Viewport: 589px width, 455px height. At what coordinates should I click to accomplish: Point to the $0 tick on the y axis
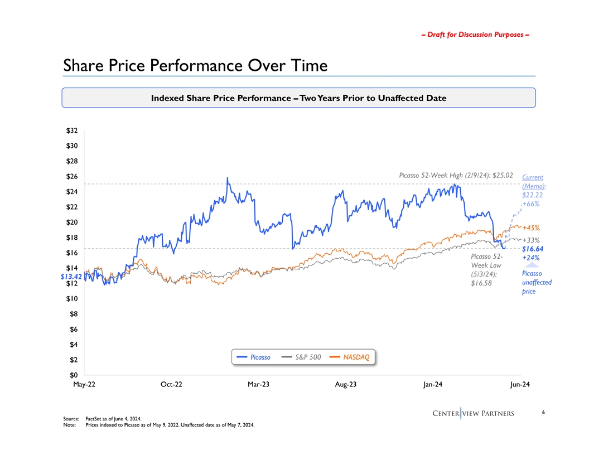pos(74,375)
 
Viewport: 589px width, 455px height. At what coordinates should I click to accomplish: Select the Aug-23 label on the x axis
pos(346,385)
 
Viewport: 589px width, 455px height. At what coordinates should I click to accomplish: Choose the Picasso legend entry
pos(254,357)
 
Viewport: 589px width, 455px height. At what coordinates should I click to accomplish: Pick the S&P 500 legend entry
pos(302,357)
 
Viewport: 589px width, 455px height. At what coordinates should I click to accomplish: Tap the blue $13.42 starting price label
pos(71,276)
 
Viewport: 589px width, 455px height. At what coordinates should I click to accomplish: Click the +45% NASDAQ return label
pos(530,228)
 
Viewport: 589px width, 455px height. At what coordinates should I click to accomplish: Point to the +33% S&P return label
pos(530,240)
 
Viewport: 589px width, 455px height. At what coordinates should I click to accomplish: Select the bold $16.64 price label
pos(533,249)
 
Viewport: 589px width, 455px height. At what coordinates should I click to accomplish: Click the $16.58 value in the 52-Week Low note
pos(482,283)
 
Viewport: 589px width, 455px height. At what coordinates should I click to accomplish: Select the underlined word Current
pos(533,177)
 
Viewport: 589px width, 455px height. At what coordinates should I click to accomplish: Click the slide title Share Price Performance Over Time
pos(195,66)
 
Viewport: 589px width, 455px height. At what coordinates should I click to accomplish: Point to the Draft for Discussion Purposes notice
pos(476,35)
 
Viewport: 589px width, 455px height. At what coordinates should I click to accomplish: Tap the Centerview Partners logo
pos(473,413)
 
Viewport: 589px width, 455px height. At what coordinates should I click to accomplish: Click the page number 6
pos(527,413)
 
